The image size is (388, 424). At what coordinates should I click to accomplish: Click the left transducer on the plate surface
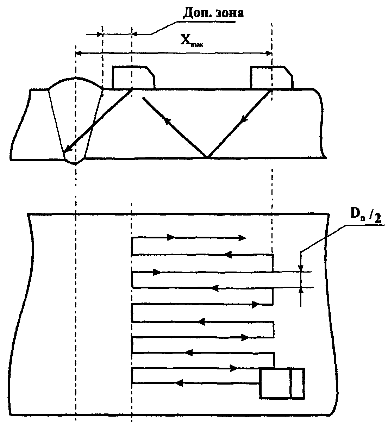(133, 77)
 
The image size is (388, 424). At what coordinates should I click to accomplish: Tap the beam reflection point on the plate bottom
(207, 157)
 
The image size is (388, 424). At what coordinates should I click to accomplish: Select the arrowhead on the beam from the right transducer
(242, 122)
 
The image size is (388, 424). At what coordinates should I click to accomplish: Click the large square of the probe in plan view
(275, 384)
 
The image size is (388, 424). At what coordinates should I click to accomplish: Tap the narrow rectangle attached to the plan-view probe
(297, 384)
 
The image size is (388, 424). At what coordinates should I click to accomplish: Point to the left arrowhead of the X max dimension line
(79, 53)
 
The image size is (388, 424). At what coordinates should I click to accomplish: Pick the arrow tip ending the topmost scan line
(243, 238)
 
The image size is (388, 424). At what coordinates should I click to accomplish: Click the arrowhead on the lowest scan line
(179, 383)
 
